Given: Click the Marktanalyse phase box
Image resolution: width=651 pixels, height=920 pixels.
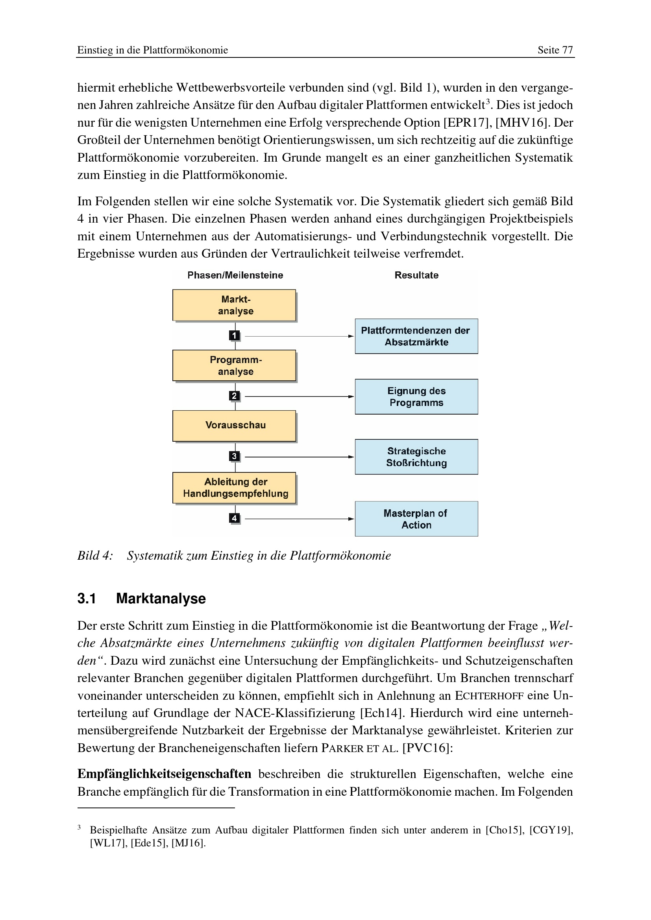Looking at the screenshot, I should (x=234, y=305).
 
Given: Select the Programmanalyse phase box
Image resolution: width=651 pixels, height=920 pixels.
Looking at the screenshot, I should (x=234, y=365).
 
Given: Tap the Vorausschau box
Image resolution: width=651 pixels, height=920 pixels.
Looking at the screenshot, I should (x=234, y=426).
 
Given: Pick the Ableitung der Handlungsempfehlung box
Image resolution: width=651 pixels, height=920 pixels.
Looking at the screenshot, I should (x=234, y=488).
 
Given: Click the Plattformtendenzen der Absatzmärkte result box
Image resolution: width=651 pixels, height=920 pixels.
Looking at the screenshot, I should (x=416, y=336).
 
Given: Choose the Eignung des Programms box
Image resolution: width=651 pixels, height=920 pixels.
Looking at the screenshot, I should (x=416, y=397).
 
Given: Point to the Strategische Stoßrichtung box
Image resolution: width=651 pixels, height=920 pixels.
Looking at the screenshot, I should (x=416, y=457).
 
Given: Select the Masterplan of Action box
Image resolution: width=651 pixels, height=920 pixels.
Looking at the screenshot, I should (x=416, y=519).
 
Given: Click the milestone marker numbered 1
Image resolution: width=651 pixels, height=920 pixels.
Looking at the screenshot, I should (x=235, y=336).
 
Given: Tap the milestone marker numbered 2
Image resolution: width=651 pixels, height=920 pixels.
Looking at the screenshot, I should (x=235, y=396).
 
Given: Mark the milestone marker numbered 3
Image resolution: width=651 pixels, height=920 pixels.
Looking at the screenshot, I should (x=235, y=456).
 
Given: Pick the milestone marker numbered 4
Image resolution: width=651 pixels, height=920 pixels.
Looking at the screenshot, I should (x=235, y=518).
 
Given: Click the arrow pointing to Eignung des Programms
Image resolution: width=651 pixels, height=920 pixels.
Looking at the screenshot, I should (x=299, y=397).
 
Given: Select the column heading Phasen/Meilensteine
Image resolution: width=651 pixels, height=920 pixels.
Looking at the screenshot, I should (x=235, y=275).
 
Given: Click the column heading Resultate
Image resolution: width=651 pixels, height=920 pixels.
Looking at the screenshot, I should (x=416, y=275).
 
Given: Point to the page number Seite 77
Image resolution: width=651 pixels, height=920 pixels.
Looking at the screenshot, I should (x=555, y=50).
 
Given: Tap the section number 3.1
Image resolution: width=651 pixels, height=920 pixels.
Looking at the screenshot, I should (x=87, y=599).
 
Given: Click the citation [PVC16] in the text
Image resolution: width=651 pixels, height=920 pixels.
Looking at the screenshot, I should (x=427, y=748).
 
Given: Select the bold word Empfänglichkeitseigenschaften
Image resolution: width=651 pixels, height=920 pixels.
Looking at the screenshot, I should (x=165, y=774).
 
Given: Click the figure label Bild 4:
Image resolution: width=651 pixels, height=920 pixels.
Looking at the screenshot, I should (x=95, y=556).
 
